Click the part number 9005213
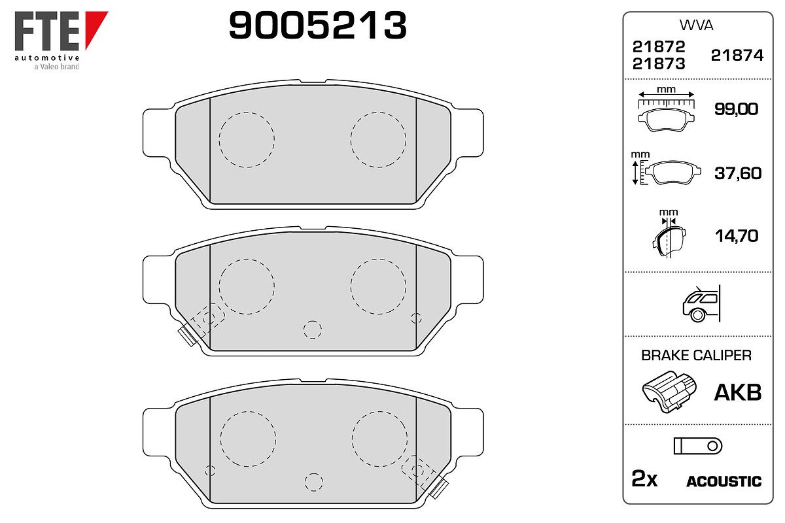tap(317, 25)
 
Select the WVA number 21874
tap(737, 56)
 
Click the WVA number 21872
tap(659, 46)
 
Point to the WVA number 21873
tap(659, 64)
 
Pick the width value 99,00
tap(737, 109)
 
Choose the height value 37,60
tap(738, 173)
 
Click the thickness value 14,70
tap(737, 236)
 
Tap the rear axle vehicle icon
tap(701, 303)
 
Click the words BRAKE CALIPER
tap(696, 355)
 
